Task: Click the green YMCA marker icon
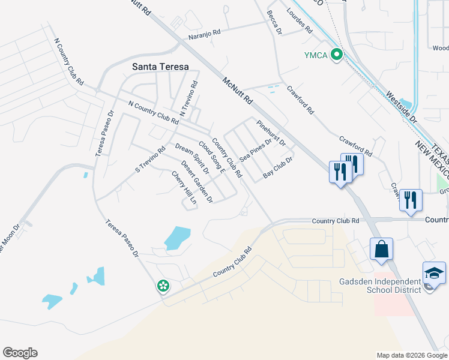pos(337,55)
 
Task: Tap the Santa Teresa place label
pos(161,67)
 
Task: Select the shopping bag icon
pos(381,248)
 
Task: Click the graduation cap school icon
pos(434,274)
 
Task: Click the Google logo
pos(20,353)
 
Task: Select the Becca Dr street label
pos(274,22)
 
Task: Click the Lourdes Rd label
pos(300,21)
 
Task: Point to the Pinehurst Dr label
pos(271,133)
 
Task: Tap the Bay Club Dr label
pos(277,168)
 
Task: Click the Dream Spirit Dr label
pos(192,158)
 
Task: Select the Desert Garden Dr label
pos(197,182)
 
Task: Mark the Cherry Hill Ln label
pos(184,188)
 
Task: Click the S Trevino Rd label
pos(150,159)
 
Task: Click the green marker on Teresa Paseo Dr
pos(163,286)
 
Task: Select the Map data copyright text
pos(411,355)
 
